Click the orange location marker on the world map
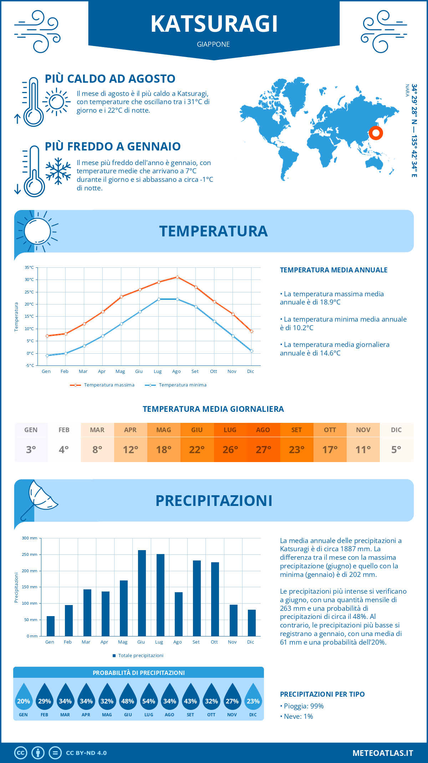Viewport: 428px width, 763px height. coord(376,133)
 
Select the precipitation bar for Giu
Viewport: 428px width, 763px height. coord(142,593)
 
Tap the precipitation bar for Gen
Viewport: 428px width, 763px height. coord(51,626)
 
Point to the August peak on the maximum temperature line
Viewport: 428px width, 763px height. coord(177,277)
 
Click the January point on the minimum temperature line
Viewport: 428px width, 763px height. coord(47,355)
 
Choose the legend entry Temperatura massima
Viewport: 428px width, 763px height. coord(102,385)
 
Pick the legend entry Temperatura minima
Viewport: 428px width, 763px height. coord(176,385)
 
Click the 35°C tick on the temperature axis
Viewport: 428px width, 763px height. coord(29,267)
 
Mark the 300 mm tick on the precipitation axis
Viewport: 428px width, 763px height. coord(30,538)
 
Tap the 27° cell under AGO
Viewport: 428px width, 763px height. coord(264,450)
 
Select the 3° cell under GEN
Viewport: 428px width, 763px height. coord(31,450)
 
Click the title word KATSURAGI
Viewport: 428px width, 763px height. coord(214,24)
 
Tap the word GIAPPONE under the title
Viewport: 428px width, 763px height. coord(213,44)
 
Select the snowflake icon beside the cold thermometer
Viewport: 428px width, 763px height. coord(58,171)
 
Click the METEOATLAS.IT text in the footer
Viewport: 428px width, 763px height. coord(383,753)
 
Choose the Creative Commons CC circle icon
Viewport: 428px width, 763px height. coord(21,753)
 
